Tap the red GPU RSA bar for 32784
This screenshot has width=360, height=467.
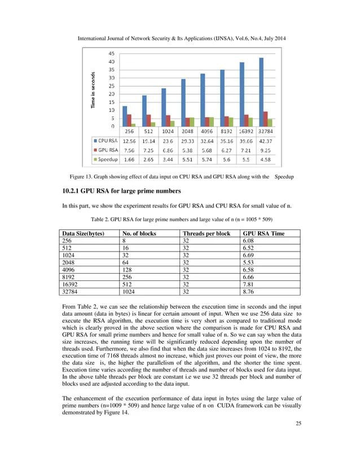pos(266,119)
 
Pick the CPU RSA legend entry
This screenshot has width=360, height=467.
pos(106,140)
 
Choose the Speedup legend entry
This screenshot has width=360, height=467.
pos(106,160)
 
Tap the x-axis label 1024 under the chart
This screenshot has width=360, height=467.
pos(168,131)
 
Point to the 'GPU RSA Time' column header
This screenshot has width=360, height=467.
pos(263,233)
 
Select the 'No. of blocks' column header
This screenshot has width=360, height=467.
pos(140,233)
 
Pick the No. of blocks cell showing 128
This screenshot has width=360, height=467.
pos(127,270)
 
